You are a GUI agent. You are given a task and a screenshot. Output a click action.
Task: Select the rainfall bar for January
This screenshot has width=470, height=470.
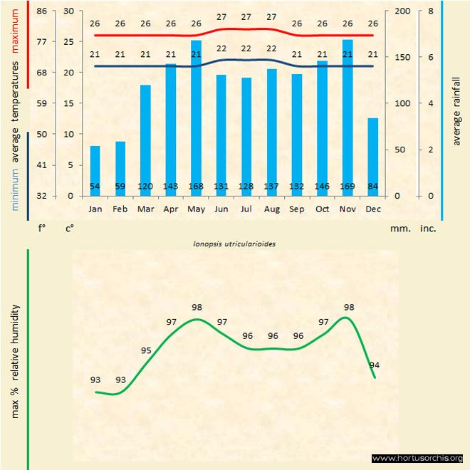tap(95, 170)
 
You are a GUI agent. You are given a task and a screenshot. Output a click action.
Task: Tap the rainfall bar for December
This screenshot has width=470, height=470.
tap(372, 157)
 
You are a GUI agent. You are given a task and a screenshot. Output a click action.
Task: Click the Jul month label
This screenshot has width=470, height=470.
tap(246, 209)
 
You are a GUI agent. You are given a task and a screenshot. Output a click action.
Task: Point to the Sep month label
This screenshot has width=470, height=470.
tap(297, 209)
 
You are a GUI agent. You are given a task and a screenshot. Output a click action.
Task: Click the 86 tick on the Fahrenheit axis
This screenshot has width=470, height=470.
tap(42, 11)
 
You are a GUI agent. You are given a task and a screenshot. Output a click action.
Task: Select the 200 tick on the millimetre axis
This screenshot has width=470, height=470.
tap(402, 11)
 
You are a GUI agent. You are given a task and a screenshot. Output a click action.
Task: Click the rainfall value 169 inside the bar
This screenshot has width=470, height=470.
tap(348, 187)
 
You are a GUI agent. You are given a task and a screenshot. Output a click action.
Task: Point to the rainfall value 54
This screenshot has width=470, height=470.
tap(95, 187)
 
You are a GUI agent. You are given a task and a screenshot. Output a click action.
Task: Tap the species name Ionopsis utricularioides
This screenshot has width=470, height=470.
tap(234, 243)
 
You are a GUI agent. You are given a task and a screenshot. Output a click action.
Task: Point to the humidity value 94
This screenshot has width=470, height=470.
tap(375, 365)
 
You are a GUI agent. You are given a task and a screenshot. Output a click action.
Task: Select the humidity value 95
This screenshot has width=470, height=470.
tap(146, 350)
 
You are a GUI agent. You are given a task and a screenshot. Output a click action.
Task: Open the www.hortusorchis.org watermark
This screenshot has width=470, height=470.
tap(417, 458)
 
